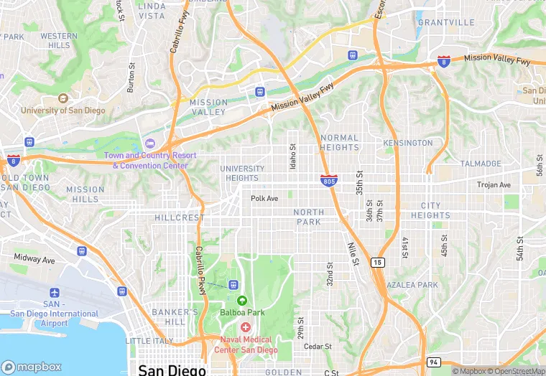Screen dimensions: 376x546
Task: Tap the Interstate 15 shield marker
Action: pos(378,263)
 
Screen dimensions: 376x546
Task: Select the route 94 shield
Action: pos(433,362)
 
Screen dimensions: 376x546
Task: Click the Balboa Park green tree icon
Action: pos(241,300)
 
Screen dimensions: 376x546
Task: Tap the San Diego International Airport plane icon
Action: pos(55,293)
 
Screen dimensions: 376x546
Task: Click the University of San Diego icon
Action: pos(63,98)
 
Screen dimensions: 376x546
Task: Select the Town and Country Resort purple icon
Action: pos(150,143)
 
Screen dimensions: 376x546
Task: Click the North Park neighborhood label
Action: pos(309,217)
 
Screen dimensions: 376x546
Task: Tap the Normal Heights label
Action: pos(340,142)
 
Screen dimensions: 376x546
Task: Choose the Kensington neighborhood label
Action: pos(408,143)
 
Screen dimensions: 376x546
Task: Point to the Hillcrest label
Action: pos(180,217)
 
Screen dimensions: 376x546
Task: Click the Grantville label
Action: pos(446,22)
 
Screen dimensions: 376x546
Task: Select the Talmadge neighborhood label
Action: pos(481,164)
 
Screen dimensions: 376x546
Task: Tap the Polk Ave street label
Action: pos(264,199)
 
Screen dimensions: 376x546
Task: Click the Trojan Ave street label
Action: pos(494,185)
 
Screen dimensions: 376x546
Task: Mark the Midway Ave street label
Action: pos(34,258)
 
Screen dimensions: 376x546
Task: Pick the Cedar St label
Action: pos(318,346)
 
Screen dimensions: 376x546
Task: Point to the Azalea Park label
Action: pos(412,285)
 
